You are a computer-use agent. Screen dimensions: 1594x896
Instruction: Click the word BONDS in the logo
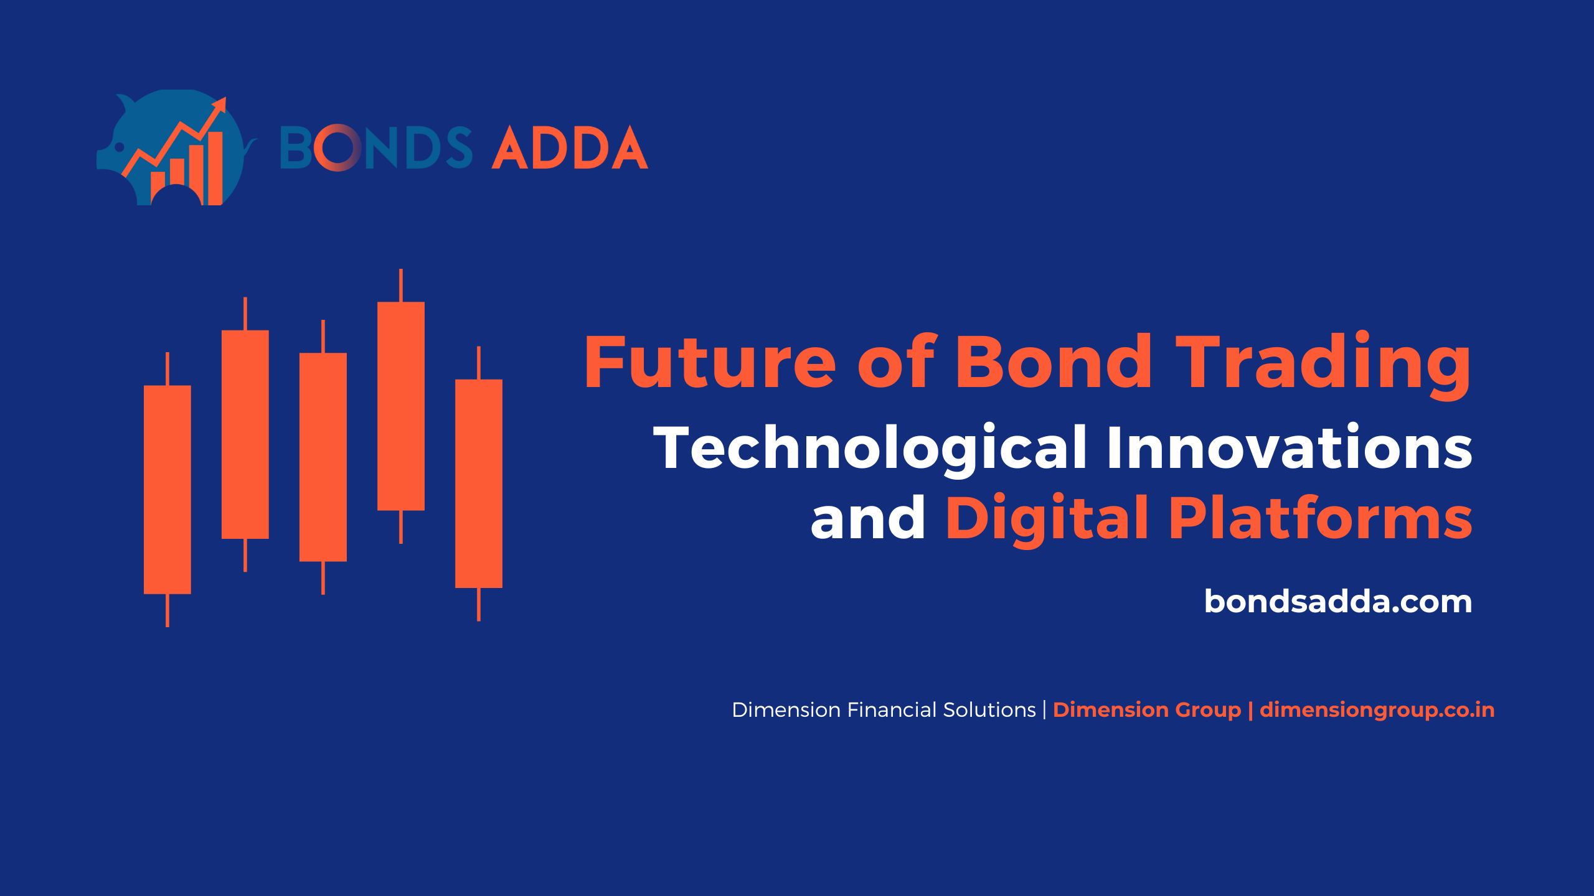[376, 147]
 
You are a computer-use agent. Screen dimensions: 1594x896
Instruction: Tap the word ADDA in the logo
[570, 147]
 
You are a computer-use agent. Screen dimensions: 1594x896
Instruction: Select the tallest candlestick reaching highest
[401, 406]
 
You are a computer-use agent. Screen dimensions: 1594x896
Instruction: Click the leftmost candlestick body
[167, 490]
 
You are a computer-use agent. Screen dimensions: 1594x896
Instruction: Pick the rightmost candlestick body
[479, 483]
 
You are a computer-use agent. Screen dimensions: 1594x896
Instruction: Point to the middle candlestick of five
[323, 457]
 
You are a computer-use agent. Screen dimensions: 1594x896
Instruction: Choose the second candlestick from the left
[245, 434]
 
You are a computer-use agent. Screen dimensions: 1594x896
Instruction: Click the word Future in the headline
[710, 362]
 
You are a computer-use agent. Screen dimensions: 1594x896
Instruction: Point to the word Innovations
[1290, 446]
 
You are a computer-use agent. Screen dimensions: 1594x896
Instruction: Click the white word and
[868, 518]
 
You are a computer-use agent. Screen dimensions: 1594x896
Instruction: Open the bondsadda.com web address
[1338, 602]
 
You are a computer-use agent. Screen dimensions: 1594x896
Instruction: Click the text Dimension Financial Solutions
[884, 710]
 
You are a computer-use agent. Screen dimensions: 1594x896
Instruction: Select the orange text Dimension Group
[1147, 711]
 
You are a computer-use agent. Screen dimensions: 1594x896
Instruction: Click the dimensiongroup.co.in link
[1377, 711]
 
